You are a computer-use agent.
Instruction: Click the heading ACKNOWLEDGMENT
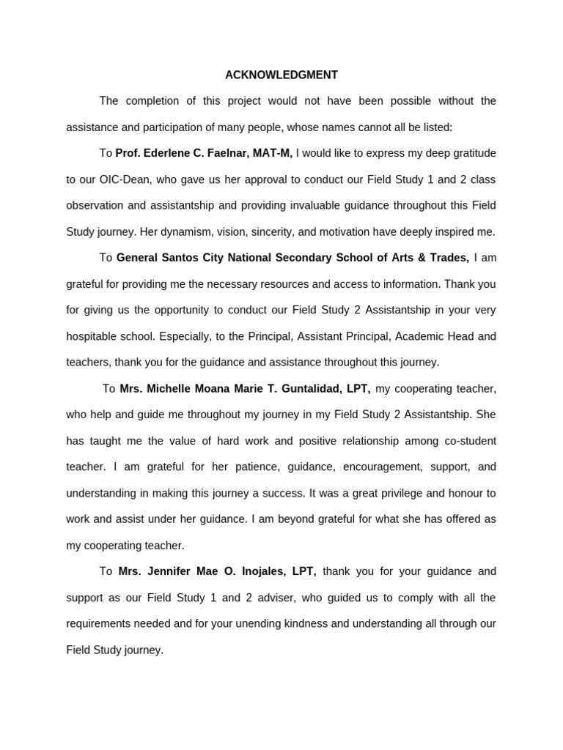click(x=281, y=75)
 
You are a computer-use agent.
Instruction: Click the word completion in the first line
click(x=150, y=101)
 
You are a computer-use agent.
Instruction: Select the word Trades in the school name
click(x=450, y=258)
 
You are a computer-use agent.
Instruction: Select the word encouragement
click(x=378, y=467)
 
